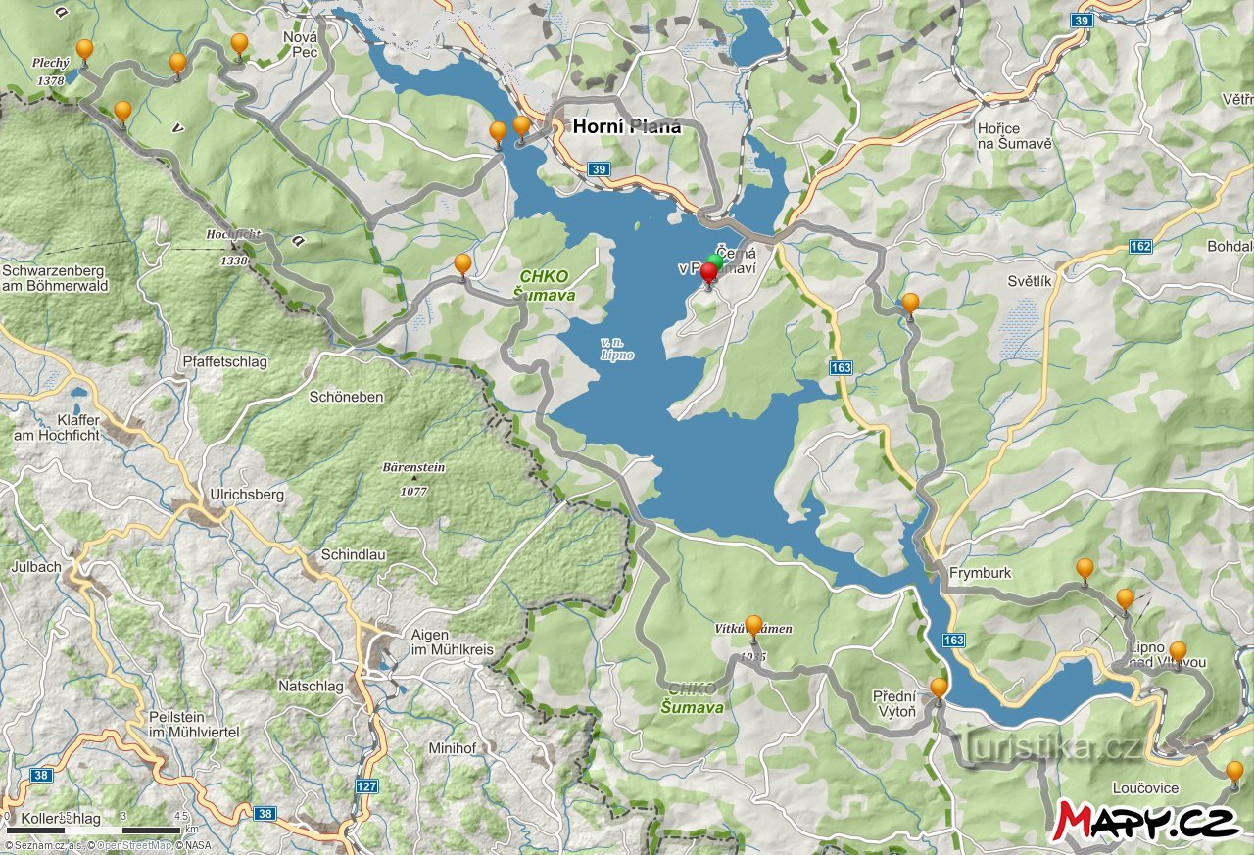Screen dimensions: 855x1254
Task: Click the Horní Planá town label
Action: (x=626, y=126)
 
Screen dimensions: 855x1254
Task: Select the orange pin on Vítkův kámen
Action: (x=753, y=625)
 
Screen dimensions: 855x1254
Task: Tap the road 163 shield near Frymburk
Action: (x=953, y=640)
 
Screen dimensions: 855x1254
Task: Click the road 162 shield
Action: (x=1139, y=246)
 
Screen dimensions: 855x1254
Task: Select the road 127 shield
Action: (x=366, y=785)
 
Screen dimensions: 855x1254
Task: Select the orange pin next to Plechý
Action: (x=85, y=49)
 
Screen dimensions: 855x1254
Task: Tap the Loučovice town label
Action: (x=1145, y=788)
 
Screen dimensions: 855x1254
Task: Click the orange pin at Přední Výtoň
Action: (x=939, y=689)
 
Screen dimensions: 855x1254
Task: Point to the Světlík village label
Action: (x=1029, y=281)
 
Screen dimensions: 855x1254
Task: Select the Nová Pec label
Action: (x=300, y=44)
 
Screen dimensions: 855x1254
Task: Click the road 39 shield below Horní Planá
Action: (x=599, y=169)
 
